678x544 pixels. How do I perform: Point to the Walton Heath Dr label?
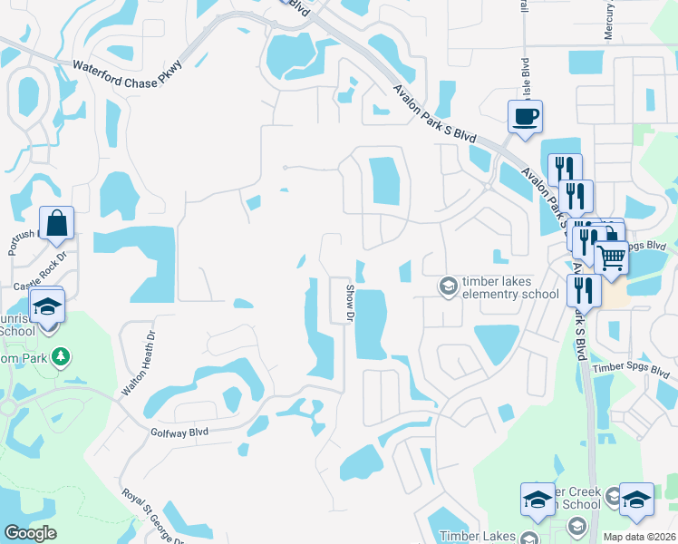(139, 364)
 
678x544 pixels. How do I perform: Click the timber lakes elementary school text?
(510, 288)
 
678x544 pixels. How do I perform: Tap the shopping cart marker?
(611, 258)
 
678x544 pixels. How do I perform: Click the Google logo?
(30, 533)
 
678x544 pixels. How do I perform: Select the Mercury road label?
(607, 20)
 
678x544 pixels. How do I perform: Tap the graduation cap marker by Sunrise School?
(48, 306)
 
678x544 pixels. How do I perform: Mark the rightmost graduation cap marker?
(636, 500)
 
